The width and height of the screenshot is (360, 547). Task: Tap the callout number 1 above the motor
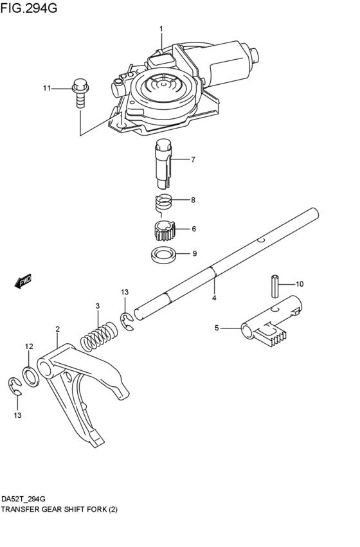161,28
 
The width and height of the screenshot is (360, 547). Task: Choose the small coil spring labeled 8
165,202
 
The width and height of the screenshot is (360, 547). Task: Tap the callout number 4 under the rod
214,298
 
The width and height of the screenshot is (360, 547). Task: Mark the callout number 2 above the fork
57,328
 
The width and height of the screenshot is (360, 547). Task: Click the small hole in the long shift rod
260,241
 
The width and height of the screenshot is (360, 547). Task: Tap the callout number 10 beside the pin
300,283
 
